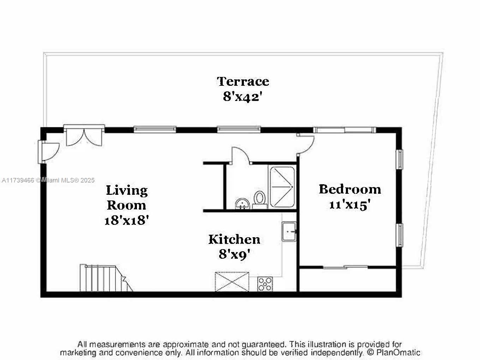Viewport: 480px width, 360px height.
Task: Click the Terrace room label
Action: pyautogui.click(x=243, y=82)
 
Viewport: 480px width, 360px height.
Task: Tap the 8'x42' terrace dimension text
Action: pyautogui.click(x=242, y=96)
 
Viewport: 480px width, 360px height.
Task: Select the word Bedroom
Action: pyautogui.click(x=350, y=189)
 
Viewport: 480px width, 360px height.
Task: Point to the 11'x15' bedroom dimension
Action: pyautogui.click(x=350, y=205)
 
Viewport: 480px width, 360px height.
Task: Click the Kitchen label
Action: pyautogui.click(x=234, y=240)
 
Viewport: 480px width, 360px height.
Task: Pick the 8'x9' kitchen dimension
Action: pyautogui.click(x=234, y=254)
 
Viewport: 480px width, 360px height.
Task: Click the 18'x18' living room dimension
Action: pyautogui.click(x=127, y=220)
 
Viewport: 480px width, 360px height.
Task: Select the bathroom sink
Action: pyautogui.click(x=242, y=204)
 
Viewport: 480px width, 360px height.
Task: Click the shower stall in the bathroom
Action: pyautogui.click(x=282, y=187)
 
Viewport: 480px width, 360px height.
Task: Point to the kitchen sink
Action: pyautogui.click(x=289, y=232)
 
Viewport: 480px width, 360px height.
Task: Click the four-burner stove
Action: pyautogui.click(x=265, y=284)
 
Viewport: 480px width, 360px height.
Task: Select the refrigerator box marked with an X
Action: pyautogui.click(x=232, y=282)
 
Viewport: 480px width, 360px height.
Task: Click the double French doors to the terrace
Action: pyautogui.click(x=84, y=135)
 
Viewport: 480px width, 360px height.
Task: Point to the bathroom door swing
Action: pyautogui.click(x=240, y=155)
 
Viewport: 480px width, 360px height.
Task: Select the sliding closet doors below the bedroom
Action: pyautogui.click(x=346, y=267)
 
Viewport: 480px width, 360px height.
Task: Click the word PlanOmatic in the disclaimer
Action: pyautogui.click(x=398, y=352)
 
